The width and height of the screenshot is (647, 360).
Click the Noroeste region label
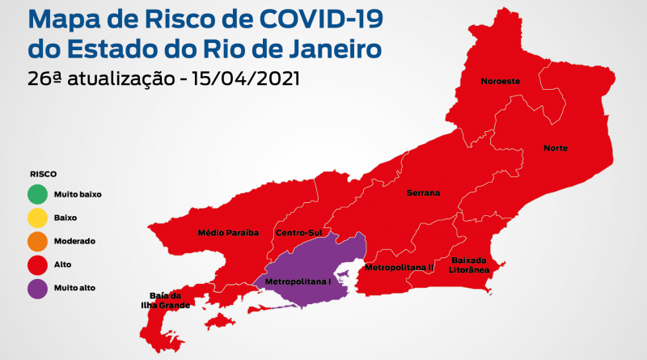tap(500, 82)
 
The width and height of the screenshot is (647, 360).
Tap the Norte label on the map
tap(556, 148)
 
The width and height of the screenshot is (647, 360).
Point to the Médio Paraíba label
tap(228, 233)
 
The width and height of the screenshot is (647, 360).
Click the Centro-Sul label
tap(295, 233)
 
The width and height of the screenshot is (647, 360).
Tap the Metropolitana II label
tap(399, 267)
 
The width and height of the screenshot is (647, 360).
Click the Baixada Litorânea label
tap(469, 265)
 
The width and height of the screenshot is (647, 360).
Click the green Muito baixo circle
tap(37, 195)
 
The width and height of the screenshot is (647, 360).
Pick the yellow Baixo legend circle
tap(37, 218)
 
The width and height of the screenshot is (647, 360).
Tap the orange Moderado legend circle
tap(37, 242)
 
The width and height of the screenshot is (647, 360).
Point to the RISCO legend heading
tap(43, 174)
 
